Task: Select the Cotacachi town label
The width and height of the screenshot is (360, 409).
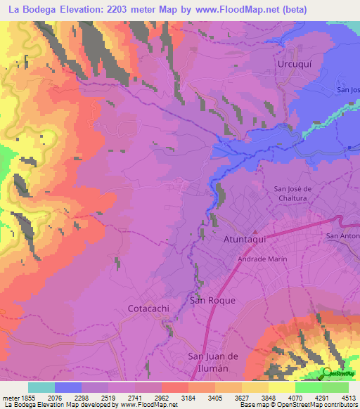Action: tap(150, 308)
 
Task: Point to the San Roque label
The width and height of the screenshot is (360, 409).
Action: tap(213, 300)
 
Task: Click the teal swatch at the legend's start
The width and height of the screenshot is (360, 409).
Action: tap(41, 387)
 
